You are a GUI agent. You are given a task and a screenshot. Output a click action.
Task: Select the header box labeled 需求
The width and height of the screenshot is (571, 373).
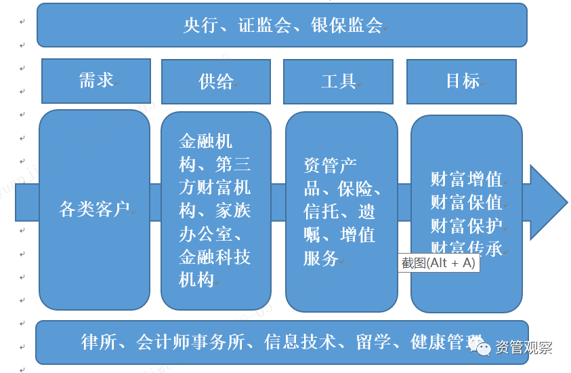(96, 81)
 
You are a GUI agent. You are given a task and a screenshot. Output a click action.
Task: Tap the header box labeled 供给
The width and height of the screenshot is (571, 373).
(215, 81)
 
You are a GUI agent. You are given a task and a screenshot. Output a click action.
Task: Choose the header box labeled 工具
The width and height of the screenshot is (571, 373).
(338, 81)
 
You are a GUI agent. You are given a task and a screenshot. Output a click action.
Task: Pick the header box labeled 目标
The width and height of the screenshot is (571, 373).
(462, 81)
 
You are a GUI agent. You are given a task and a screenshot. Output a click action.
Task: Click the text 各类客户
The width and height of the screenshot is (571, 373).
(94, 210)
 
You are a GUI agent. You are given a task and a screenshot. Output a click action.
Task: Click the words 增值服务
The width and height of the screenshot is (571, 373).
(339, 246)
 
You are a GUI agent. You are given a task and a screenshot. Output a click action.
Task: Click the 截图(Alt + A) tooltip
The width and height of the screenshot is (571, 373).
(438, 263)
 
